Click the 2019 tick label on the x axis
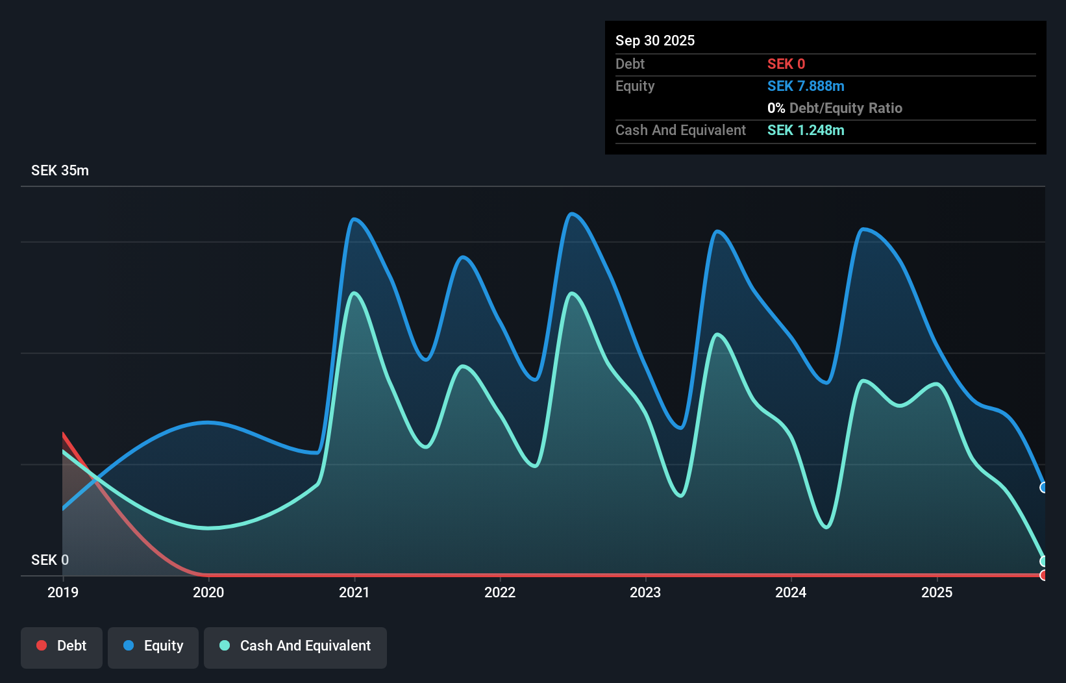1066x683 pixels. (x=63, y=592)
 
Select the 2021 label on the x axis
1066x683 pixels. (x=354, y=592)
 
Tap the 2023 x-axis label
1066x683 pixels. (x=645, y=592)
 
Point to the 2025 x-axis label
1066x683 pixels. (x=937, y=592)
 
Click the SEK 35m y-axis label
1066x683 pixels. (x=60, y=171)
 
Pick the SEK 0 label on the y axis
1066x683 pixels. (x=50, y=560)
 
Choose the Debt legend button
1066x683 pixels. (x=62, y=646)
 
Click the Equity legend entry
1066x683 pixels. (x=153, y=646)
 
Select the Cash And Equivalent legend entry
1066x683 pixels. (x=295, y=646)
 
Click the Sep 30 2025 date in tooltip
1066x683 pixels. (x=655, y=40)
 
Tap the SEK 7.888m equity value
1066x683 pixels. (x=806, y=86)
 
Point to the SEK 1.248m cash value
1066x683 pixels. (x=806, y=130)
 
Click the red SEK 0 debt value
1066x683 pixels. (x=786, y=64)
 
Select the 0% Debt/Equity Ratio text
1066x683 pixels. (x=835, y=108)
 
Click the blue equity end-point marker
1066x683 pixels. (x=1043, y=488)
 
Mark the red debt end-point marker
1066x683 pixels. (x=1043, y=575)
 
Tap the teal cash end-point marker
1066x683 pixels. (x=1043, y=561)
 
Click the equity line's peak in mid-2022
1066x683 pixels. (x=571, y=214)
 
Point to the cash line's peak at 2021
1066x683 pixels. (x=354, y=293)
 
